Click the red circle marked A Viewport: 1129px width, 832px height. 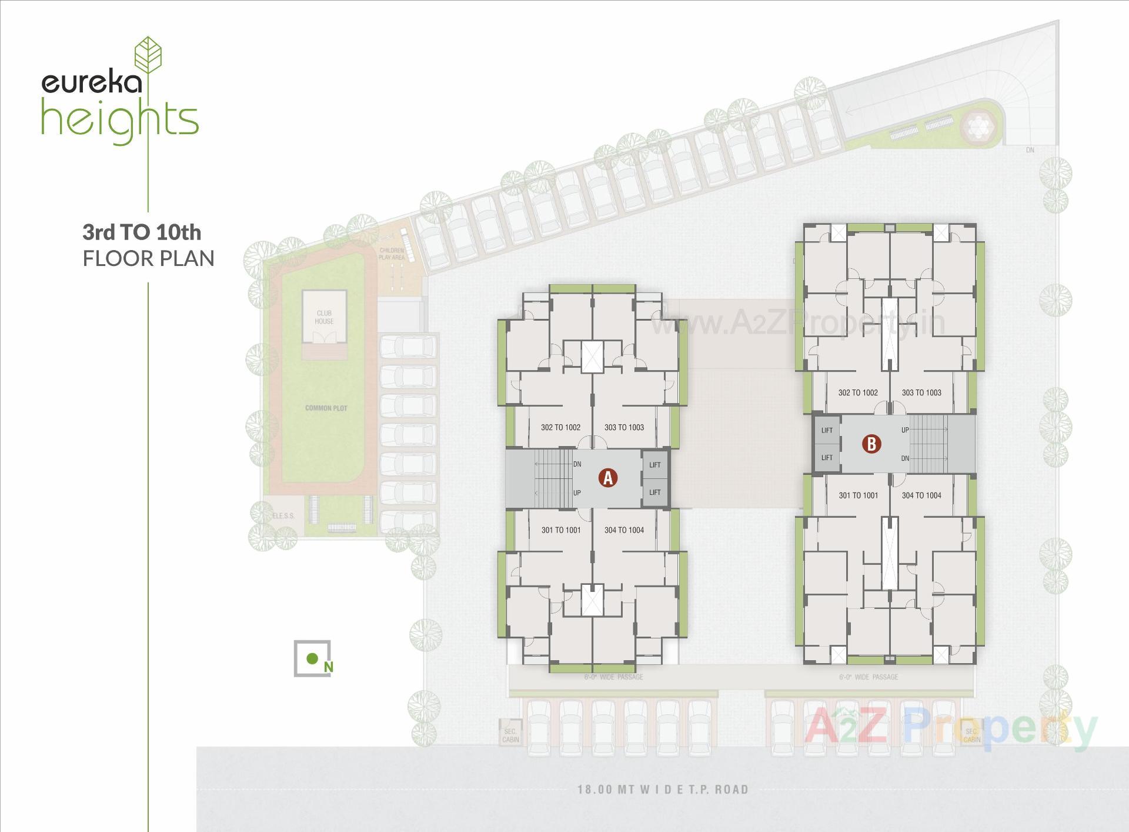[608, 478]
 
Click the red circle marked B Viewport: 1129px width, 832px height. [871, 444]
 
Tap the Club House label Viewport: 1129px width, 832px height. [324, 317]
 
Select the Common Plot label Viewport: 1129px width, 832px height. [326, 408]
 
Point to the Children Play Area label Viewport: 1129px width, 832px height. [392, 254]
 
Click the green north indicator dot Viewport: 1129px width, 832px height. [313, 658]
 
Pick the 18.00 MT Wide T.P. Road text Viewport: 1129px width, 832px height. [663, 789]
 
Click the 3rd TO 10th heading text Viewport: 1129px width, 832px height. [142, 232]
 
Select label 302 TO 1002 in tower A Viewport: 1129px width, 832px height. [560, 427]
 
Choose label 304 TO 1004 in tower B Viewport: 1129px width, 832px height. [921, 495]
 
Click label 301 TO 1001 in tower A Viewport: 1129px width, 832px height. [561, 530]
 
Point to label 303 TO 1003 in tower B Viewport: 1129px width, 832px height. [921, 392]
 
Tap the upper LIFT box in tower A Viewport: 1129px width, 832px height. [655, 465]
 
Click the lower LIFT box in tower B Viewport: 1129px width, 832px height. [827, 458]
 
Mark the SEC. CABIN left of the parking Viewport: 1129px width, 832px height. [510, 736]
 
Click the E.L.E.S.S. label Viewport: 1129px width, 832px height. [283, 516]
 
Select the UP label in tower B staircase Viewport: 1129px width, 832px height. [905, 430]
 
